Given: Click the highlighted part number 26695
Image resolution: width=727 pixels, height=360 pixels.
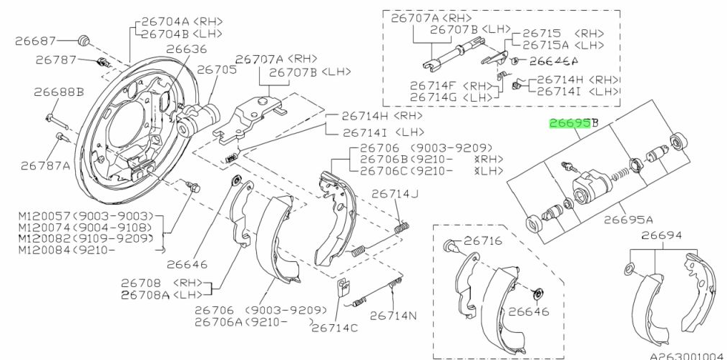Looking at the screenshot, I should pos(568,123).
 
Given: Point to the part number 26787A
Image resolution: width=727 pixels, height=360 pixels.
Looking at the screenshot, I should pos(45,165).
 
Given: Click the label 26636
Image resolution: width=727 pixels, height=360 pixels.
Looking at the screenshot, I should pos(186,49).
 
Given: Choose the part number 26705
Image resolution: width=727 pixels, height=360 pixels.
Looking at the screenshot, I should pos(216,70).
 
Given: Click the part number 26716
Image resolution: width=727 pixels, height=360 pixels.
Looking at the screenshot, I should pos(484,241).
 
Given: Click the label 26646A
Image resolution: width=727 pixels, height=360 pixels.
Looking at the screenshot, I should pos(553,61).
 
